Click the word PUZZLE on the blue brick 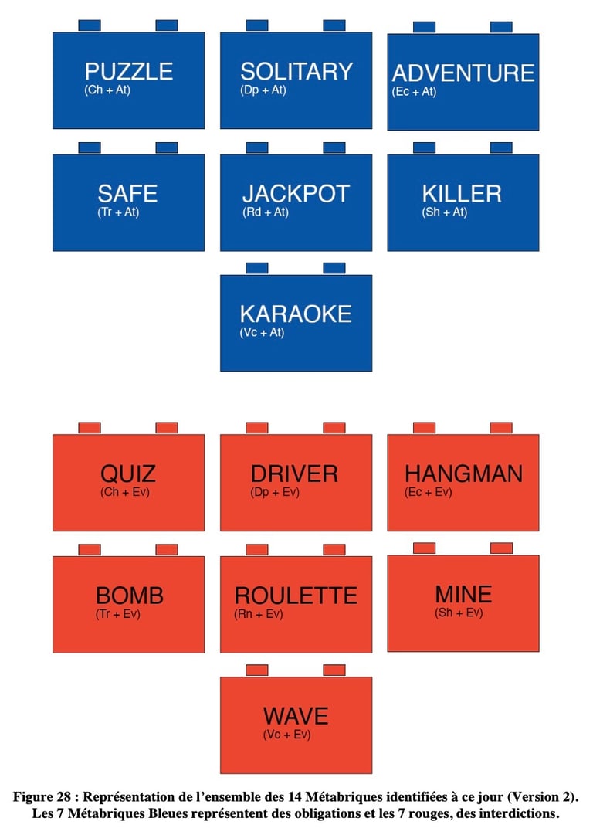coord(128,72)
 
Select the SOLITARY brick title coord(296,72)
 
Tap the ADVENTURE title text coord(463,73)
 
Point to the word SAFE coord(127,193)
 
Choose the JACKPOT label coord(296,193)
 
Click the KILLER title coord(462,193)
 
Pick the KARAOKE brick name coord(296,314)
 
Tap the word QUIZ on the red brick coord(128,473)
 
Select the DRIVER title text coord(294,474)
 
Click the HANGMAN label coord(463,474)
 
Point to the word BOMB coord(130,596)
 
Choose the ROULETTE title coord(296,596)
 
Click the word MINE coord(463,594)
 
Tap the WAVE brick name coord(296,716)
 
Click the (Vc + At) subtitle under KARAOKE coord(263,333)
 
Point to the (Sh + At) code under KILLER coord(445,212)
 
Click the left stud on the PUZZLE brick coord(90,25)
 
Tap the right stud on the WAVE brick coord(334,670)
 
